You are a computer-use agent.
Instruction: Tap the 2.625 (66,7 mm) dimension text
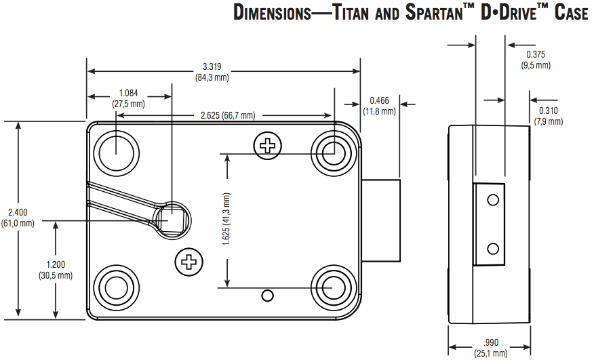[x=228, y=115]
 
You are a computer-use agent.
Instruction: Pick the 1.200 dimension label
[x=56, y=265]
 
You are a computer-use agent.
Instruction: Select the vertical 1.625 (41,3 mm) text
[x=226, y=220]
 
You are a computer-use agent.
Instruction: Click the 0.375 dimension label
[x=535, y=54]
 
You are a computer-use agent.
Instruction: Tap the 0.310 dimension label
[x=548, y=111]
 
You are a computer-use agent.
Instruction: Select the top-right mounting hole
[x=332, y=151]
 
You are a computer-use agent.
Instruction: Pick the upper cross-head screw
[x=269, y=144]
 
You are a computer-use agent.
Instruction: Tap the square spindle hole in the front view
[x=172, y=220]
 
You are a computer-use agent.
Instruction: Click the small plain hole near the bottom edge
[x=268, y=295]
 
